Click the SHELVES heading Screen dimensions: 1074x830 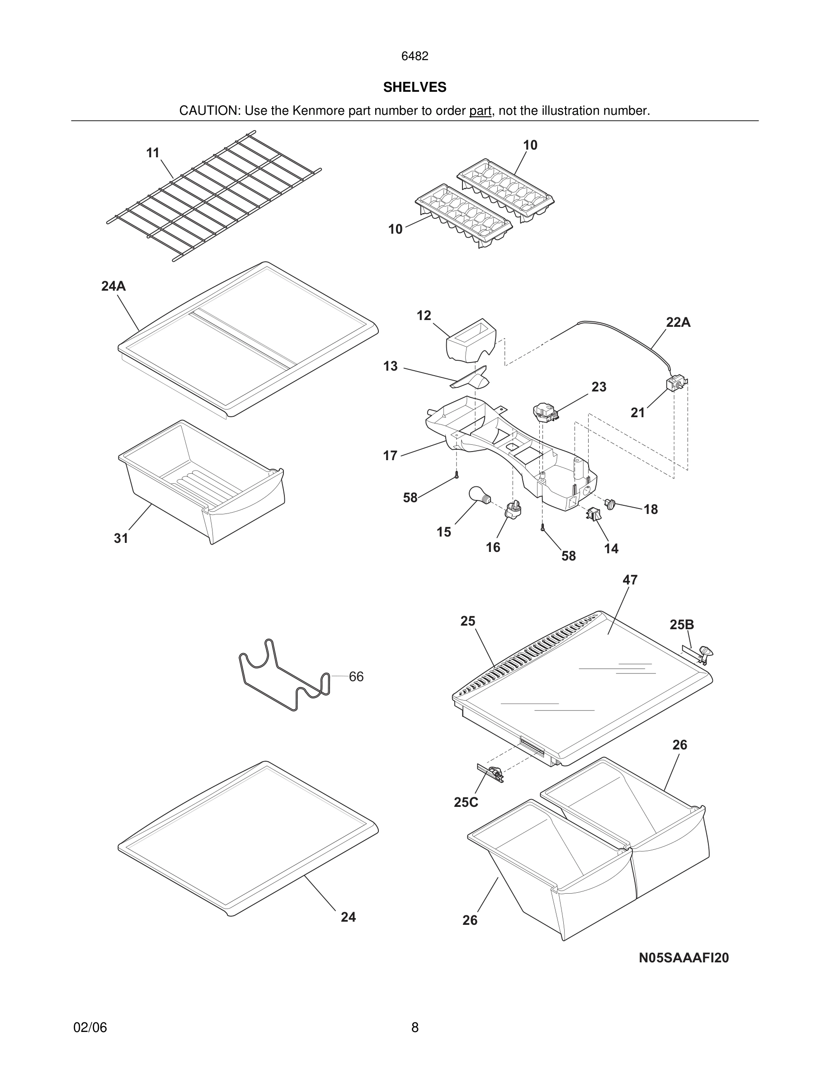pos(415,87)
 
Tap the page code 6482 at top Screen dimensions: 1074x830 pos(415,56)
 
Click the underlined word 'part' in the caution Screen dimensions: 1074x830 pos(480,111)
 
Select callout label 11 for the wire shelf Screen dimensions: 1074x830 pos(153,153)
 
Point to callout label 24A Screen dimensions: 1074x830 pos(113,286)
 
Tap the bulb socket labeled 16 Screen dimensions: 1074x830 pos(513,510)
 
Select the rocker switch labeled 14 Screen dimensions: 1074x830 pos(594,514)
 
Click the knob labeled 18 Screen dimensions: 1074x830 pos(610,504)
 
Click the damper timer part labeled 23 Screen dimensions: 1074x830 pos(545,412)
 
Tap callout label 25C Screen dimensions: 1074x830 pos(466,802)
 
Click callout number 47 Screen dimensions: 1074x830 pos(630,580)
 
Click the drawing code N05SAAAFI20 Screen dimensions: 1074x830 pos(684,957)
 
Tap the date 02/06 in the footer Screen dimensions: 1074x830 pos(90,1027)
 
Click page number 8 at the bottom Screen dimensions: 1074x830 pos(415,1027)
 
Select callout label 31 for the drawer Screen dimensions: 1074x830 pos(121,538)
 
